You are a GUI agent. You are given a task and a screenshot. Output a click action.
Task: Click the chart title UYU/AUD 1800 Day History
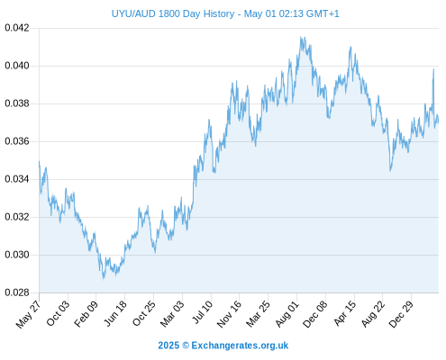[173, 13]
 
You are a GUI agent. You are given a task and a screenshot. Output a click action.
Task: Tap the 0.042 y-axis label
[17, 28]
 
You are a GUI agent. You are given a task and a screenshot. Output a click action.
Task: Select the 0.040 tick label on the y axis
[17, 66]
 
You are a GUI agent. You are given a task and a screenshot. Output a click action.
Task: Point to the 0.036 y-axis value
[17, 141]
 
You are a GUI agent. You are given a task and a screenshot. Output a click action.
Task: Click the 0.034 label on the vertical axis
[17, 179]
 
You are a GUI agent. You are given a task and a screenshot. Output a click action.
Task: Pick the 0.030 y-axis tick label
[17, 255]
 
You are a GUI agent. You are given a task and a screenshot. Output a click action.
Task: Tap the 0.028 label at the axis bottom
[17, 292]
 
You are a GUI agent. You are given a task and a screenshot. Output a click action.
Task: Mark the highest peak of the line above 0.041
[301, 37]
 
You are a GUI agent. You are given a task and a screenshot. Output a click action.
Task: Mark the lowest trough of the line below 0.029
[104, 279]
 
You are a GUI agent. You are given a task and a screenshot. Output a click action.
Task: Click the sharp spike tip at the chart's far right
[433, 69]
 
